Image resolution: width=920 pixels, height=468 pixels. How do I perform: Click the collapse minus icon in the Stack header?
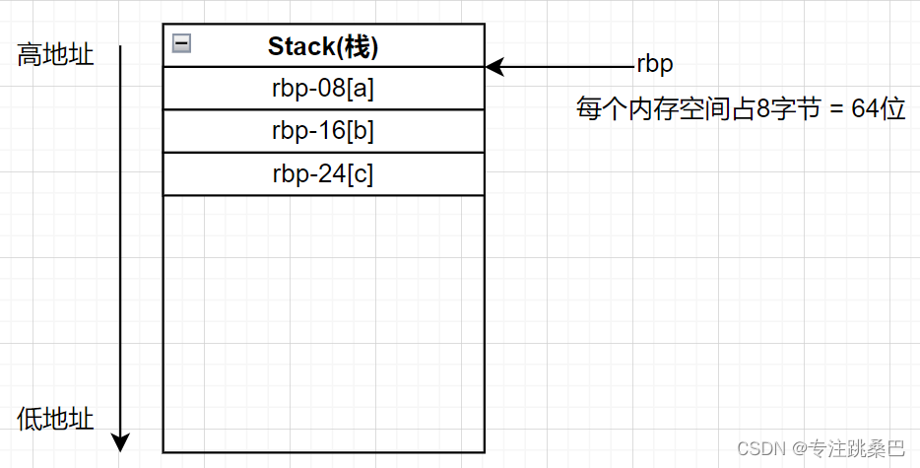tap(181, 43)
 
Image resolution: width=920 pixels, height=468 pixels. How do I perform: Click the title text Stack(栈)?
tap(323, 46)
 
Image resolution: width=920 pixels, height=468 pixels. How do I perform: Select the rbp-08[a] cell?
tap(323, 89)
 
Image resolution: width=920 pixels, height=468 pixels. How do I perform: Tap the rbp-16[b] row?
tap(323, 131)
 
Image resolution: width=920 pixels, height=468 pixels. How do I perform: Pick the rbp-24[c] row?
tap(323, 173)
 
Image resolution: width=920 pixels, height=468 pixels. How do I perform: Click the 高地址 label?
tap(55, 55)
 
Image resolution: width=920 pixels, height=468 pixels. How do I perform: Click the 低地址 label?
tap(55, 420)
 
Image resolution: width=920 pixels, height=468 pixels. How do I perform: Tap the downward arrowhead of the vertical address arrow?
tap(120, 442)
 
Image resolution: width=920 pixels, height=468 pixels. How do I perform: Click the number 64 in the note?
tap(866, 109)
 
